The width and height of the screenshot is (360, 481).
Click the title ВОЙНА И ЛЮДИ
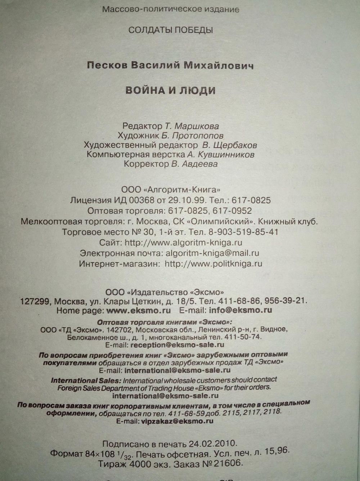pos(170,90)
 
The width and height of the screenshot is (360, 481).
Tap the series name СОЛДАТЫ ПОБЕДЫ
pos(171,30)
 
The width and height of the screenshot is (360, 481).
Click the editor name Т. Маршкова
pos(192,126)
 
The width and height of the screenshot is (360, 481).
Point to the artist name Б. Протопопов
pos(198,136)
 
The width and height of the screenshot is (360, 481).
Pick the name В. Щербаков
pos(230,145)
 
